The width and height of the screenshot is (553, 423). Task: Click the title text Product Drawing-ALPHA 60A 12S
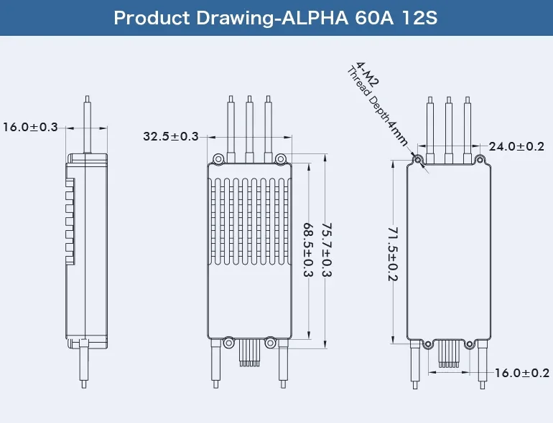click(x=276, y=18)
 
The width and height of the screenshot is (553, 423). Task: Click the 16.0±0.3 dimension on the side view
click(x=30, y=128)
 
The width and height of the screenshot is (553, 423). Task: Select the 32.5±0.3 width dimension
click(x=171, y=136)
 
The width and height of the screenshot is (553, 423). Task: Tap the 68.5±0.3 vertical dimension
click(x=308, y=249)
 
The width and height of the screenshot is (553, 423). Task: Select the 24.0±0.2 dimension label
click(x=516, y=146)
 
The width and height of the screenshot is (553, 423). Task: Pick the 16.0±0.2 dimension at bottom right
click(x=522, y=373)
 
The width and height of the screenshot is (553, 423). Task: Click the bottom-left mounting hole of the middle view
click(x=228, y=341)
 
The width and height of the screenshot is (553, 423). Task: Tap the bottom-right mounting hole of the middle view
click(x=271, y=341)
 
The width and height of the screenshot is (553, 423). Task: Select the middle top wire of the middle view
click(x=249, y=129)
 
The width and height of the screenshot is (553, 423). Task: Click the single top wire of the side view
click(x=86, y=125)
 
